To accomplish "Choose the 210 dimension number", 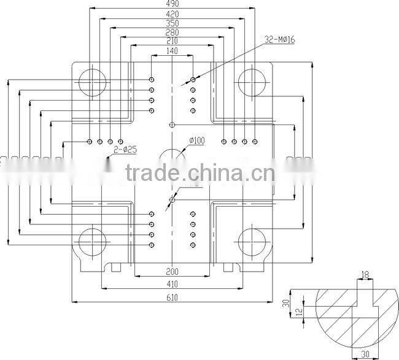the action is [x=172, y=41].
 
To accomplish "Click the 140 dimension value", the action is [x=172, y=52].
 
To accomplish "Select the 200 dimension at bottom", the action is [x=172, y=271].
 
